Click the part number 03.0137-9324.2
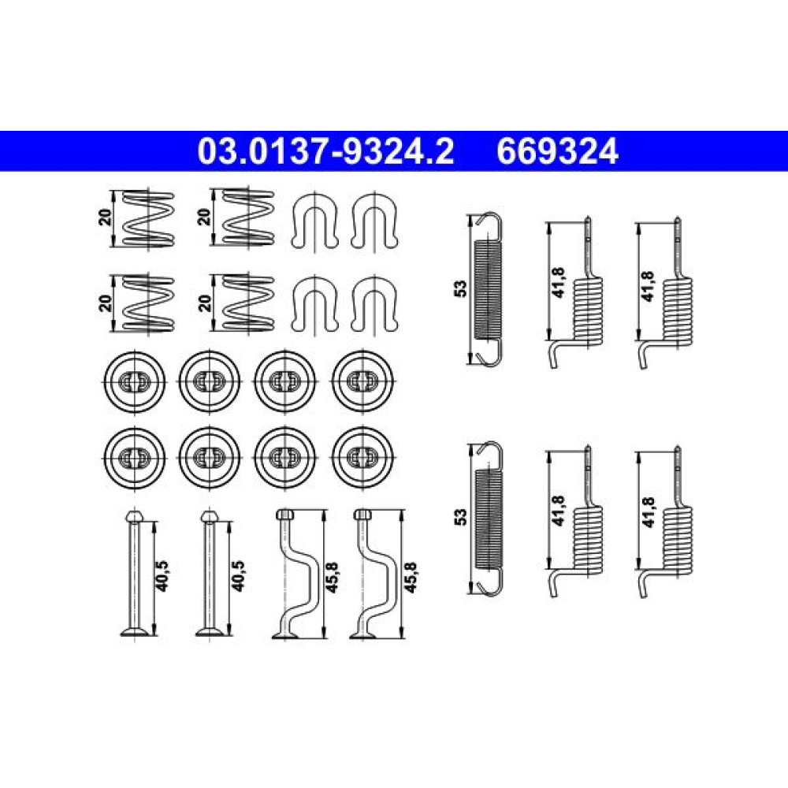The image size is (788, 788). click(325, 151)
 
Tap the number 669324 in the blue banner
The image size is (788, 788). click(557, 151)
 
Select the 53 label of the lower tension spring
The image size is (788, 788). click(460, 517)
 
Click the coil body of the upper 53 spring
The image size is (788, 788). click(488, 289)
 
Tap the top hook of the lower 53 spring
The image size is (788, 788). click(489, 455)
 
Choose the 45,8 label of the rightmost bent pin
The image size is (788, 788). click(411, 577)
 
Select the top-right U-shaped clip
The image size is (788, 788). click(374, 221)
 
